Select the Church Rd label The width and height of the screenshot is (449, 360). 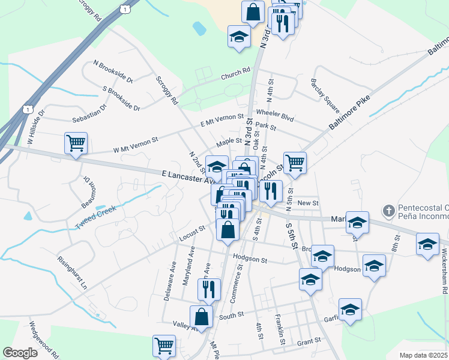235,74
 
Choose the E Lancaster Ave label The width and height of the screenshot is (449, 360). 188,176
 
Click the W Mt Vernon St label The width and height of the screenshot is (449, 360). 135,145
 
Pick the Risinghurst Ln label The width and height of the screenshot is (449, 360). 72,273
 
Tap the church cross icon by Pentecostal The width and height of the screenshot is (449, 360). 388,211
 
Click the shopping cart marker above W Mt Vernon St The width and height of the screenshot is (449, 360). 76,143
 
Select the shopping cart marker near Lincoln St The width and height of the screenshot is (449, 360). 295,162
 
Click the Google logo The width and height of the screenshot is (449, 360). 20,353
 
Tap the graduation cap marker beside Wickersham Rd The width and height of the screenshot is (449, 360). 427,244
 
